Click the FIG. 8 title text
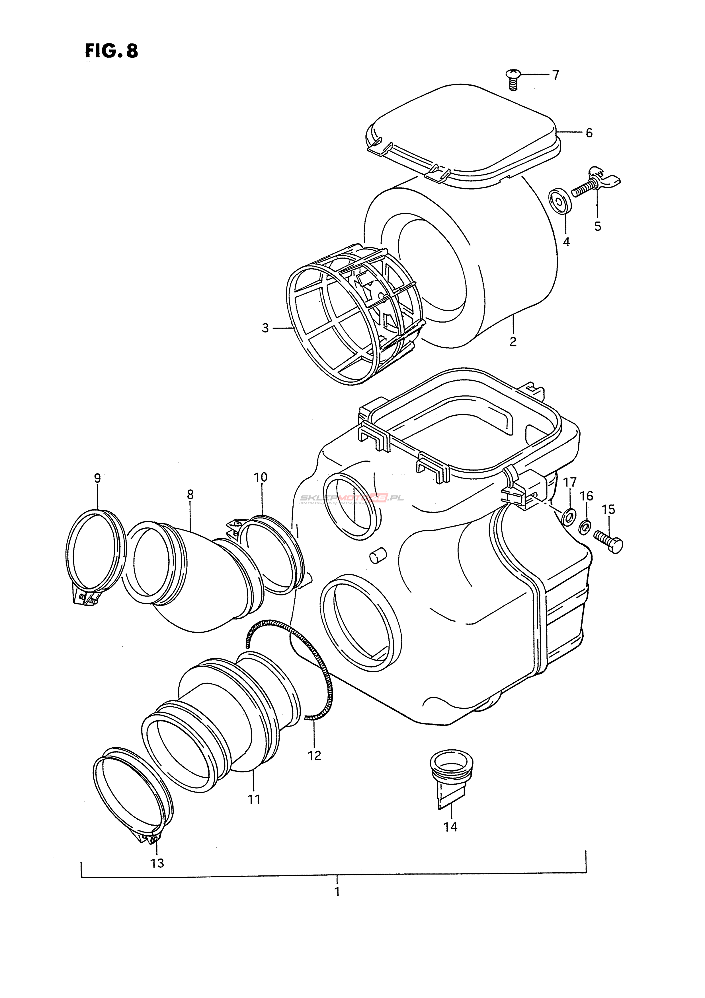[111, 51]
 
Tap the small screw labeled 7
[514, 79]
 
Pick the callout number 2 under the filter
[513, 342]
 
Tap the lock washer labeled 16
[585, 527]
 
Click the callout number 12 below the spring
[314, 755]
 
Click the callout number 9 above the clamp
[97, 478]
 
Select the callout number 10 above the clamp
[261, 477]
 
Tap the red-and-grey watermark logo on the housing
[351, 498]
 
